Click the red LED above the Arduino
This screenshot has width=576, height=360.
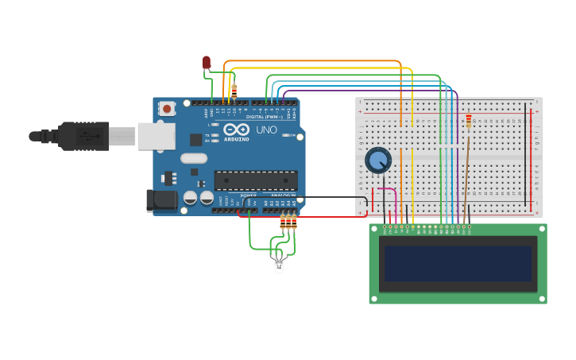pos(207,62)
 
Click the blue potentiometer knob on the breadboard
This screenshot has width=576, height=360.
pos(377,161)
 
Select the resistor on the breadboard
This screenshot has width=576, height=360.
pos(469,121)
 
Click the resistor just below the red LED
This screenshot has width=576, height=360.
pos(234,91)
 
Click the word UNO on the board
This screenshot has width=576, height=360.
pos(266,130)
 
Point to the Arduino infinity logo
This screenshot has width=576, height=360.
pos(236,129)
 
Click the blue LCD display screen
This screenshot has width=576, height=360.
pos(458,263)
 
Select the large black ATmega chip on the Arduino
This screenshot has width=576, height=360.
pos(256,180)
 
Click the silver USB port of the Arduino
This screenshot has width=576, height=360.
pos(156,136)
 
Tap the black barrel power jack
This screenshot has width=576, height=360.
pos(162,200)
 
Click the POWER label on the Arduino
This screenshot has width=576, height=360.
pos(249,195)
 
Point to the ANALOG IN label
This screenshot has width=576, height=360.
pos(284,195)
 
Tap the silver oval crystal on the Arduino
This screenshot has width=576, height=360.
pos(194,158)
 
